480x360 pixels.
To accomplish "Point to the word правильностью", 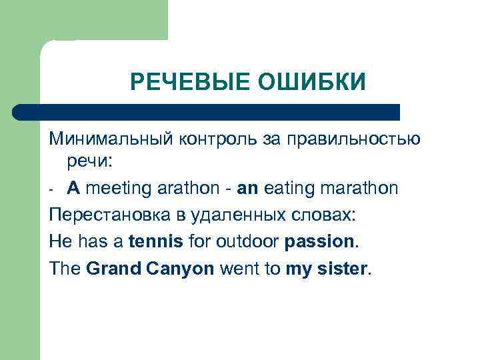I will click(x=353, y=139).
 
